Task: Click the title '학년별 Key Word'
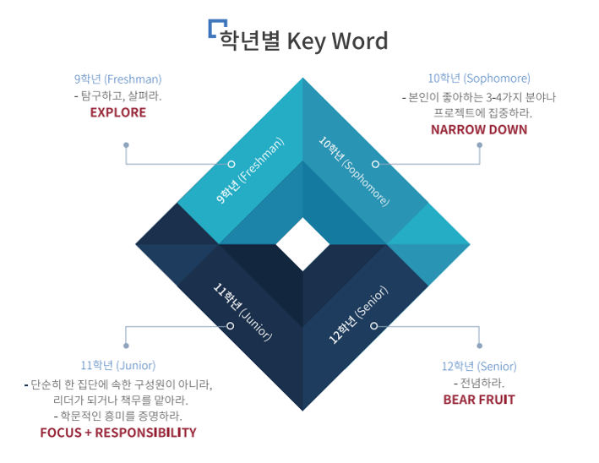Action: pyautogui.click(x=304, y=41)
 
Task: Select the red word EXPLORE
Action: pyautogui.click(x=117, y=112)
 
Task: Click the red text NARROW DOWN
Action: pyautogui.click(x=479, y=129)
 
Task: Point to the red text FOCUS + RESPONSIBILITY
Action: pyautogui.click(x=118, y=433)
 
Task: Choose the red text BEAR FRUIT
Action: pyautogui.click(x=479, y=400)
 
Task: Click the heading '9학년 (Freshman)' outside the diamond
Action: pyautogui.click(x=117, y=79)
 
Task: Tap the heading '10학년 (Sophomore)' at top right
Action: pyautogui.click(x=479, y=79)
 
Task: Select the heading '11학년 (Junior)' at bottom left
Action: pyautogui.click(x=118, y=366)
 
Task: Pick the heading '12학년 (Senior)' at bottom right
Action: pyautogui.click(x=479, y=367)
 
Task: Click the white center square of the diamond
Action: pyautogui.click(x=302, y=245)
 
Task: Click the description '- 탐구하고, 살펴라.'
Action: pyautogui.click(x=117, y=96)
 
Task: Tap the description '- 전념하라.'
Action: pyautogui.click(x=479, y=384)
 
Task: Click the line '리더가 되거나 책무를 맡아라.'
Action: pyautogui.click(x=120, y=400)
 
